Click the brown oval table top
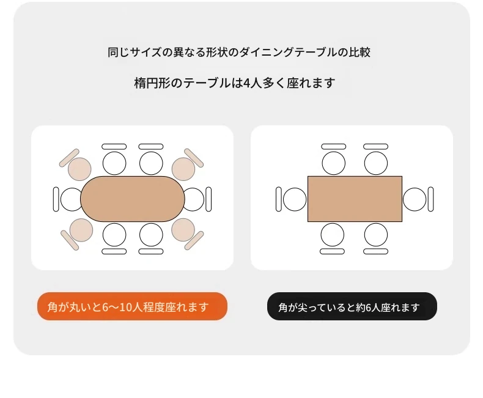pos(133,199)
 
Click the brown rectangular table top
pos(355,199)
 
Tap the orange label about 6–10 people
pos(132,306)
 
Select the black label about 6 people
pos(352,306)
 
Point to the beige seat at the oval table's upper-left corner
pos(79,169)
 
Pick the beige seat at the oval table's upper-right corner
pos(183,169)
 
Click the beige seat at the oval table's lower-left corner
pos(81,230)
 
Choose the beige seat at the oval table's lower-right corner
pos(183,230)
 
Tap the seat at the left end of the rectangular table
pos(295,199)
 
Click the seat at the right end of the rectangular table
pos(415,199)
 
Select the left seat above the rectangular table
pos(334,163)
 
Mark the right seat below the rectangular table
pos(376,235)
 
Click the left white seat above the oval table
pos(114,163)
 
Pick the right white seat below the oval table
pos(151,235)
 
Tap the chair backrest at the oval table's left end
pos(56,199)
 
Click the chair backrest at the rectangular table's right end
pos(430,199)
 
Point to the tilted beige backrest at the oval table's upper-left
pos(69,158)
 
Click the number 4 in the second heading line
pos(246,83)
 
